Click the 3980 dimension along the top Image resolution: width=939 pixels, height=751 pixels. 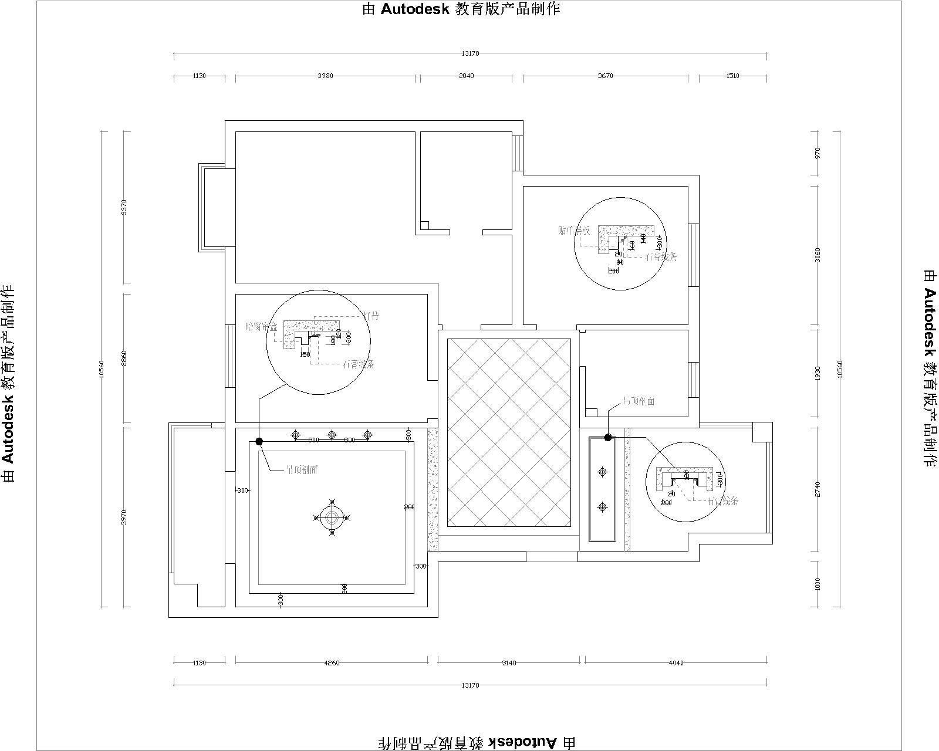pyautogui.click(x=325, y=76)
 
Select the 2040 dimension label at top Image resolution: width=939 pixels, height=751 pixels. pyautogui.click(x=466, y=76)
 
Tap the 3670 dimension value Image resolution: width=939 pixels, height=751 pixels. pyautogui.click(x=605, y=76)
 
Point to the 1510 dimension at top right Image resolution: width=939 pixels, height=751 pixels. pyautogui.click(x=732, y=76)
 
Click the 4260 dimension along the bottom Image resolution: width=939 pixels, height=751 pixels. pyautogui.click(x=332, y=663)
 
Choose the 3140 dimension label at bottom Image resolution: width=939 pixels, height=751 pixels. pyautogui.click(x=509, y=663)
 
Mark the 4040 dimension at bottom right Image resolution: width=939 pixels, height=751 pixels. pyautogui.click(x=675, y=663)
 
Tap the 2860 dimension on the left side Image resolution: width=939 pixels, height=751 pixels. pyautogui.click(x=124, y=358)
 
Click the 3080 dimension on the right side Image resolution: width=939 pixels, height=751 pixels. pyautogui.click(x=818, y=255)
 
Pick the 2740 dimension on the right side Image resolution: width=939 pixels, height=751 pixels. pyautogui.click(x=818, y=489)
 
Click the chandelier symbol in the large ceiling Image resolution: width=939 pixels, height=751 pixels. pyautogui.click(x=332, y=517)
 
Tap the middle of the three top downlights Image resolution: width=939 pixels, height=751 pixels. pyautogui.click(x=332, y=435)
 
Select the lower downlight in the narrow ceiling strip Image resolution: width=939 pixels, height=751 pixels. pyautogui.click(x=602, y=507)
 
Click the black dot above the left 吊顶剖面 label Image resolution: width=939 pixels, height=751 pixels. pyautogui.click(x=259, y=441)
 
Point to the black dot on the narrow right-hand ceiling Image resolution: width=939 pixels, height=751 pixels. pyautogui.click(x=608, y=437)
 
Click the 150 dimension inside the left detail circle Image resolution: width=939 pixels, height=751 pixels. pyautogui.click(x=305, y=354)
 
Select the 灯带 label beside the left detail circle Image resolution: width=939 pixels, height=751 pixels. pyautogui.click(x=371, y=316)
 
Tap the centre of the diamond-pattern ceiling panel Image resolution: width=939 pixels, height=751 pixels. pyautogui.click(x=509, y=432)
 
